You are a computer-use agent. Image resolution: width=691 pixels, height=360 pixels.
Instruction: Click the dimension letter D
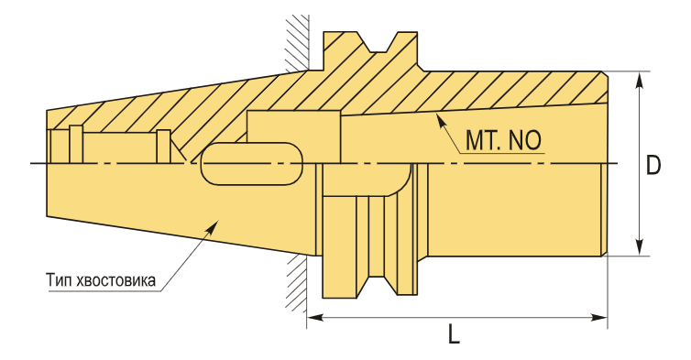click(653, 165)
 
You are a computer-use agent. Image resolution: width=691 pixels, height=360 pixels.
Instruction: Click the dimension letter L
click(454, 333)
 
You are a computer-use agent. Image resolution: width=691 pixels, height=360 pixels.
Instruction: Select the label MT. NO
click(503, 140)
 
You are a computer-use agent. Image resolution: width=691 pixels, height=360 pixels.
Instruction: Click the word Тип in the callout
click(60, 280)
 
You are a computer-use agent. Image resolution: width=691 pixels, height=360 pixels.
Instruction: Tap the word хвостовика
click(115, 280)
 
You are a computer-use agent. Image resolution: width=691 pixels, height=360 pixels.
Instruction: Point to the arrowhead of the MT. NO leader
click(439, 119)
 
